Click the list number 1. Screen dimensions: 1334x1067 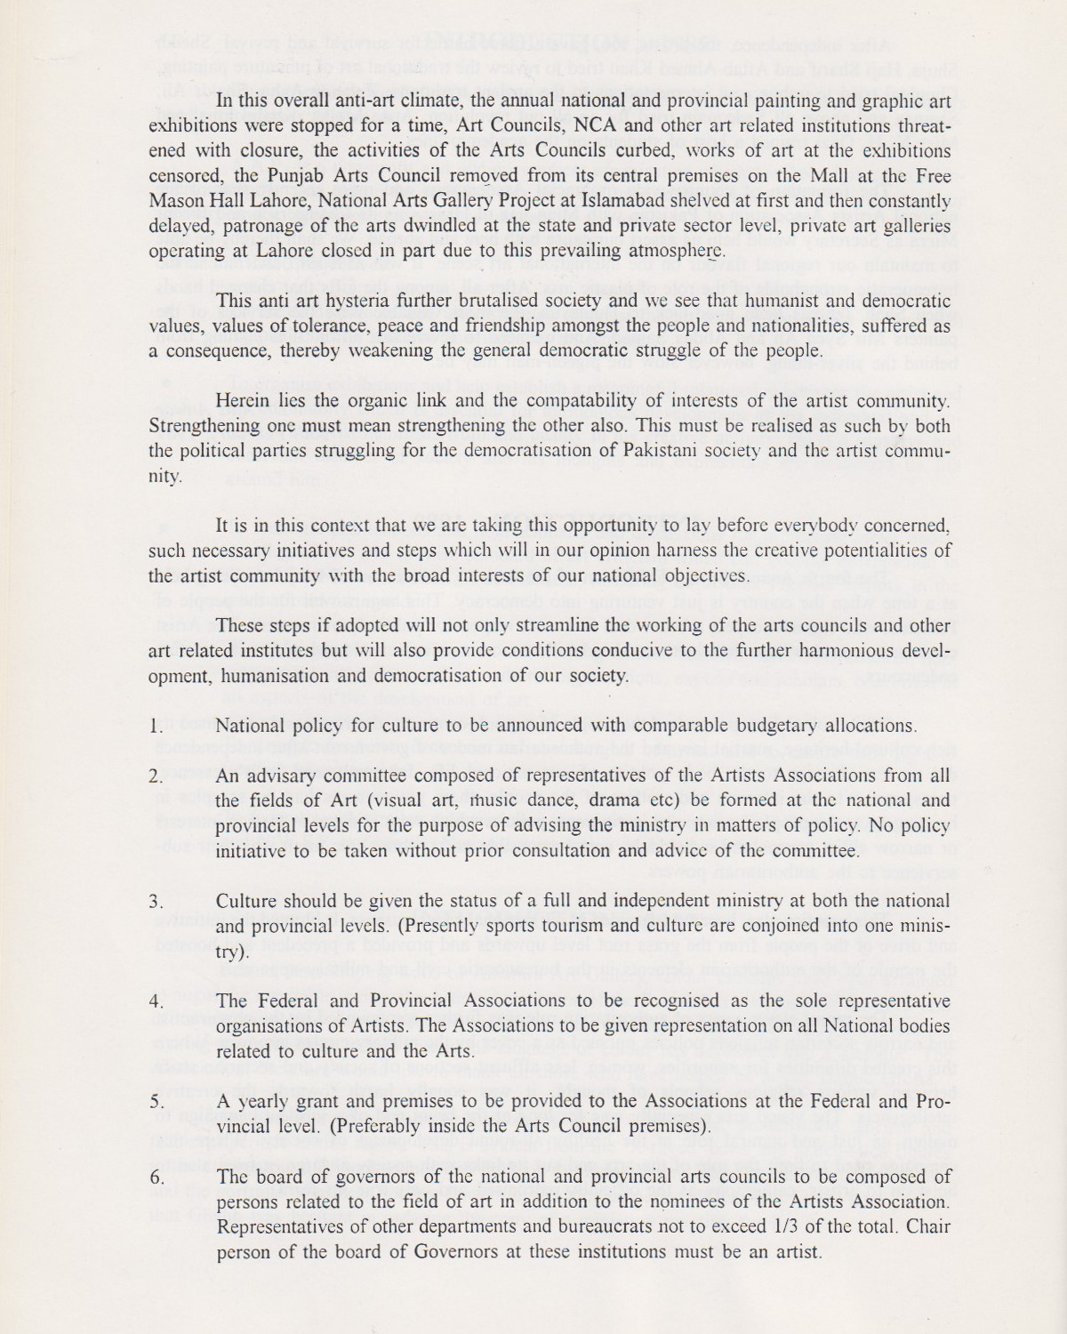coord(156,726)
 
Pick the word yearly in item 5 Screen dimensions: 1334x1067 coord(267,1101)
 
